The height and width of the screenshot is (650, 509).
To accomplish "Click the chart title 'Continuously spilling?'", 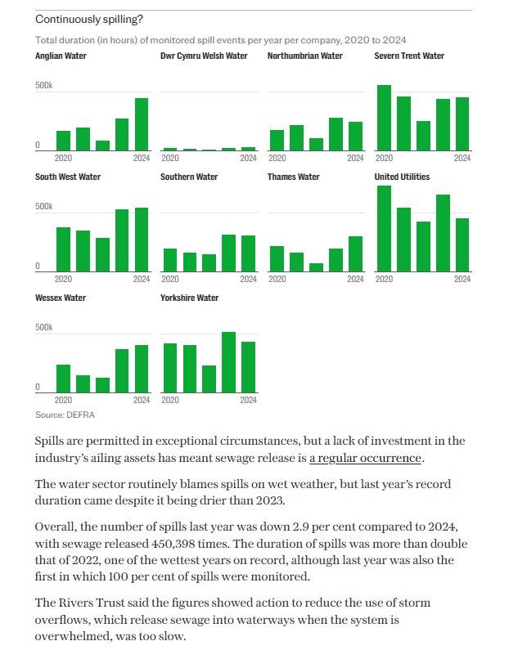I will pyautogui.click(x=85, y=19).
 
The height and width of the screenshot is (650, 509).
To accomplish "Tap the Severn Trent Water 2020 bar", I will pyautogui.click(x=384, y=118).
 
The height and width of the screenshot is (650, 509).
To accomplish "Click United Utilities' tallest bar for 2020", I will pyautogui.click(x=384, y=228).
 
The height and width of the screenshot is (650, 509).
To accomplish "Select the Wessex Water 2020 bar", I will pyautogui.click(x=63, y=378).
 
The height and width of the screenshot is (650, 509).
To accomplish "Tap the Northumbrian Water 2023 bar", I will pyautogui.click(x=336, y=134).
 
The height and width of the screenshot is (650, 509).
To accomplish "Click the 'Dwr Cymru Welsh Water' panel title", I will pyautogui.click(x=204, y=56).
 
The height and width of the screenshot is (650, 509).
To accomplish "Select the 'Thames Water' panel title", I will pyautogui.click(x=293, y=177).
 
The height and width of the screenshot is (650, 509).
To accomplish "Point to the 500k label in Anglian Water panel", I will pyautogui.click(x=44, y=87).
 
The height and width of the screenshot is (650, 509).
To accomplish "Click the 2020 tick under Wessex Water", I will pyautogui.click(x=63, y=400).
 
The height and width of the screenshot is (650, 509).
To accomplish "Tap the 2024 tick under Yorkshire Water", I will pyautogui.click(x=248, y=400).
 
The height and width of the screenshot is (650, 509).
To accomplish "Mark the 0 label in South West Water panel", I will pyautogui.click(x=38, y=267).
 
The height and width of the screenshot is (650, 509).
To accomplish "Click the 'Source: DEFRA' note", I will pyautogui.click(x=65, y=415).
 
